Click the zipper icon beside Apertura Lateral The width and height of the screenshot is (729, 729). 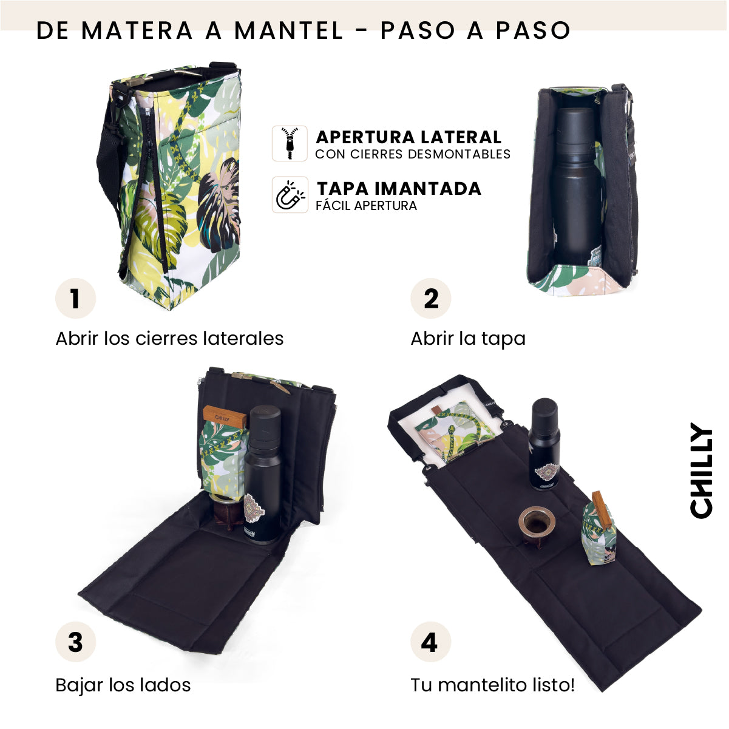click(290, 143)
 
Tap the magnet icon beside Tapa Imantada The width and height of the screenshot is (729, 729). click(290, 195)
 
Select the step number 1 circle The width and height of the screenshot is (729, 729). click(75, 299)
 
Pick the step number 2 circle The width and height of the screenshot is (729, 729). click(430, 299)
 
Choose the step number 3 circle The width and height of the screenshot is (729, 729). click(75, 642)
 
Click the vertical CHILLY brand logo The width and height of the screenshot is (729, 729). click(701, 471)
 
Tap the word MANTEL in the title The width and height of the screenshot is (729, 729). click(289, 30)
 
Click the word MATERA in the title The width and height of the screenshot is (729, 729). click(137, 30)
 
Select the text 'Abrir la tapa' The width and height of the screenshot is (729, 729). click(468, 339)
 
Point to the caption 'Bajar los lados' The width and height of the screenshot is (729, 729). click(123, 685)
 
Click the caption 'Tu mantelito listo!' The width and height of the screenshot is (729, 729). click(492, 685)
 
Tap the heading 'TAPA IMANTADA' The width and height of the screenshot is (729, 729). click(399, 189)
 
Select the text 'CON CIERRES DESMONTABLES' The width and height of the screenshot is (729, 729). click(413, 154)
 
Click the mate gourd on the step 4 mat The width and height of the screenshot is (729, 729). click(535, 524)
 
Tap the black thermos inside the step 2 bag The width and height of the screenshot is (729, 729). click(575, 188)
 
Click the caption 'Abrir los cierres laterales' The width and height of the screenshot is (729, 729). click(169, 339)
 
